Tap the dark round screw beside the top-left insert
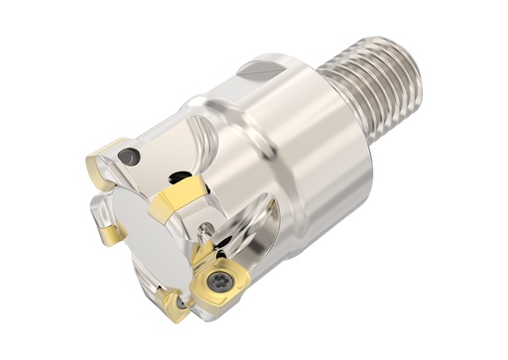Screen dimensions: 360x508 [128, 157]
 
